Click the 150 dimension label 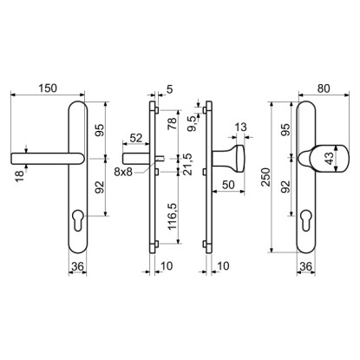tap(48, 88)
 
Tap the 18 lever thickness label tap(19, 176)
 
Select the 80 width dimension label tap(324, 88)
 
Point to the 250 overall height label tap(265, 177)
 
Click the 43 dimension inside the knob tap(329, 159)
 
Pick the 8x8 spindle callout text tap(123, 172)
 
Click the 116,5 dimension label tap(172, 216)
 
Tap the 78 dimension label tap(172, 124)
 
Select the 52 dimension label tap(136, 138)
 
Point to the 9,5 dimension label tap(192, 124)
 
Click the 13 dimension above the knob tap(240, 127)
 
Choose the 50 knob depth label tap(228, 185)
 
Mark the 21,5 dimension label tap(187, 164)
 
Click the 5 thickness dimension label tap(170, 89)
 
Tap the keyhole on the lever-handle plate tap(78, 219)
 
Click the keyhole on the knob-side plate tap(305, 219)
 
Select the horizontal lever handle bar tap(47, 159)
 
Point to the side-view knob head tap(240, 159)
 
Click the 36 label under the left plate tap(77, 266)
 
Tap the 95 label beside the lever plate tap(99, 130)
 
